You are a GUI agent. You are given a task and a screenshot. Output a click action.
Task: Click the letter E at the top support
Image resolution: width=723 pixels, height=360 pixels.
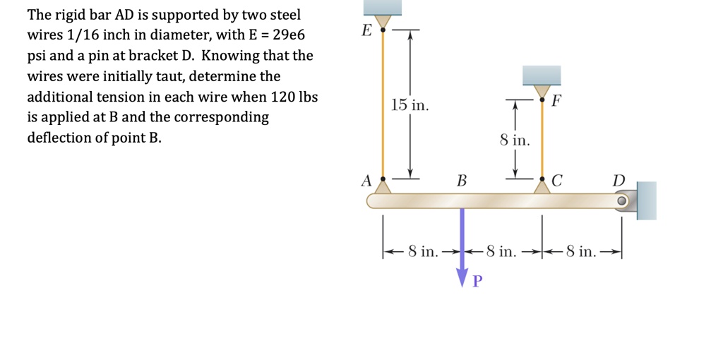[366, 31]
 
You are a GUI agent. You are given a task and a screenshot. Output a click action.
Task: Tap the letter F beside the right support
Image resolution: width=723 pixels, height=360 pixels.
[556, 100]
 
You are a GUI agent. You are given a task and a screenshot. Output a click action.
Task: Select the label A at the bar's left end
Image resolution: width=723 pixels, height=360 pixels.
[366, 181]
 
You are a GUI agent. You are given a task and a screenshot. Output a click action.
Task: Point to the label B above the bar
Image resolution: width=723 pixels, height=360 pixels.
[462, 181]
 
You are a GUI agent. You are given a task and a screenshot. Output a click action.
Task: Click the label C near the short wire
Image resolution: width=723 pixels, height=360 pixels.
[556, 181]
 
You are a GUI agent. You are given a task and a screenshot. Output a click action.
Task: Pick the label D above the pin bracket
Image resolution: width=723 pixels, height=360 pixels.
[619, 181]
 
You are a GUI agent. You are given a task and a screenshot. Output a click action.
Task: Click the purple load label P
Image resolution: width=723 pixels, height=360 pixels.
[477, 282]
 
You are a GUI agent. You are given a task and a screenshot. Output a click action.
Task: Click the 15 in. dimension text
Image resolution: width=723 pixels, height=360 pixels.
[410, 106]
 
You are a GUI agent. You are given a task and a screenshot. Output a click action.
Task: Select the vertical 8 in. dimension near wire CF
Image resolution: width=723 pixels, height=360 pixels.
[514, 140]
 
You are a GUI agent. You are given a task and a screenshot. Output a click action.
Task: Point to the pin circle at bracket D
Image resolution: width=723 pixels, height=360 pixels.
[621, 201]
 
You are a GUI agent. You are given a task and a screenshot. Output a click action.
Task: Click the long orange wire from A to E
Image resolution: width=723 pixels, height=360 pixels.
[383, 106]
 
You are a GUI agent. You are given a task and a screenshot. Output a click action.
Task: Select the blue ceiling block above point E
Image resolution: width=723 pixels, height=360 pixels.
[382, 7]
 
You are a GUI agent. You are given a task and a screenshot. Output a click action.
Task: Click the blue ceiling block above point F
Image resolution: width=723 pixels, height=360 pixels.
[542, 75]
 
